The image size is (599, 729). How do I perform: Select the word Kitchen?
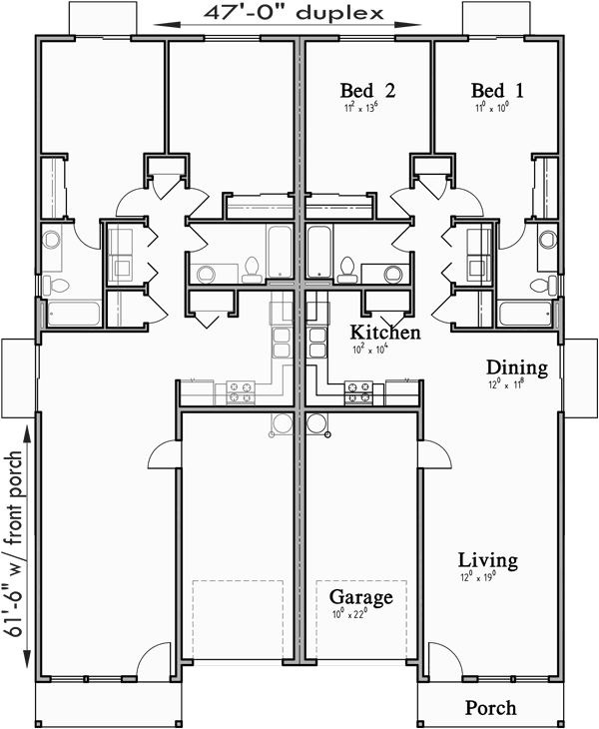pyautogui.click(x=384, y=333)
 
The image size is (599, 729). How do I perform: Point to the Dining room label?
pyautogui.click(x=516, y=368)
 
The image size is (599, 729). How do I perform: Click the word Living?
pyautogui.click(x=487, y=560)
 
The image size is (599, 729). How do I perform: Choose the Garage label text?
pyautogui.click(x=360, y=597)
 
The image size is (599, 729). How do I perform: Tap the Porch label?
pyautogui.click(x=491, y=708)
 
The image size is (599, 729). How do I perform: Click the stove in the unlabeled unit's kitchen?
pyautogui.click(x=242, y=391)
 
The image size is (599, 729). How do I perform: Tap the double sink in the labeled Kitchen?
pyautogui.click(x=316, y=343)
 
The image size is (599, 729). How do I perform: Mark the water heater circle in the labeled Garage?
pyautogui.click(x=317, y=423)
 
